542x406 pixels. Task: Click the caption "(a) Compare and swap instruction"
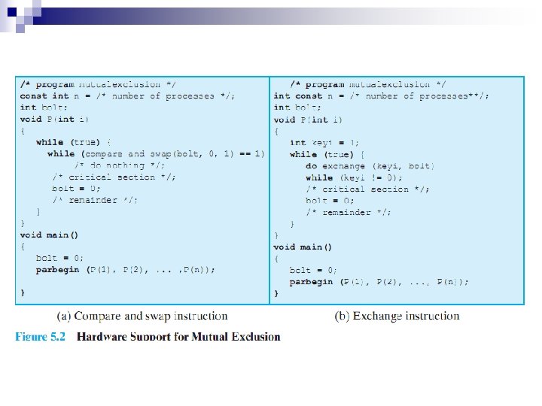(142, 317)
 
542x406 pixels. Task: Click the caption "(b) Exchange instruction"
(397, 317)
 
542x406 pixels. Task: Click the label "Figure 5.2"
(41, 336)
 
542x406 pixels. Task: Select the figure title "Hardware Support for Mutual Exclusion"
(178, 336)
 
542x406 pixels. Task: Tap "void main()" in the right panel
(303, 247)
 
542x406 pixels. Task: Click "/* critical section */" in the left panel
(114, 177)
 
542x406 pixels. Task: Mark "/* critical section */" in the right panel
(368, 189)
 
